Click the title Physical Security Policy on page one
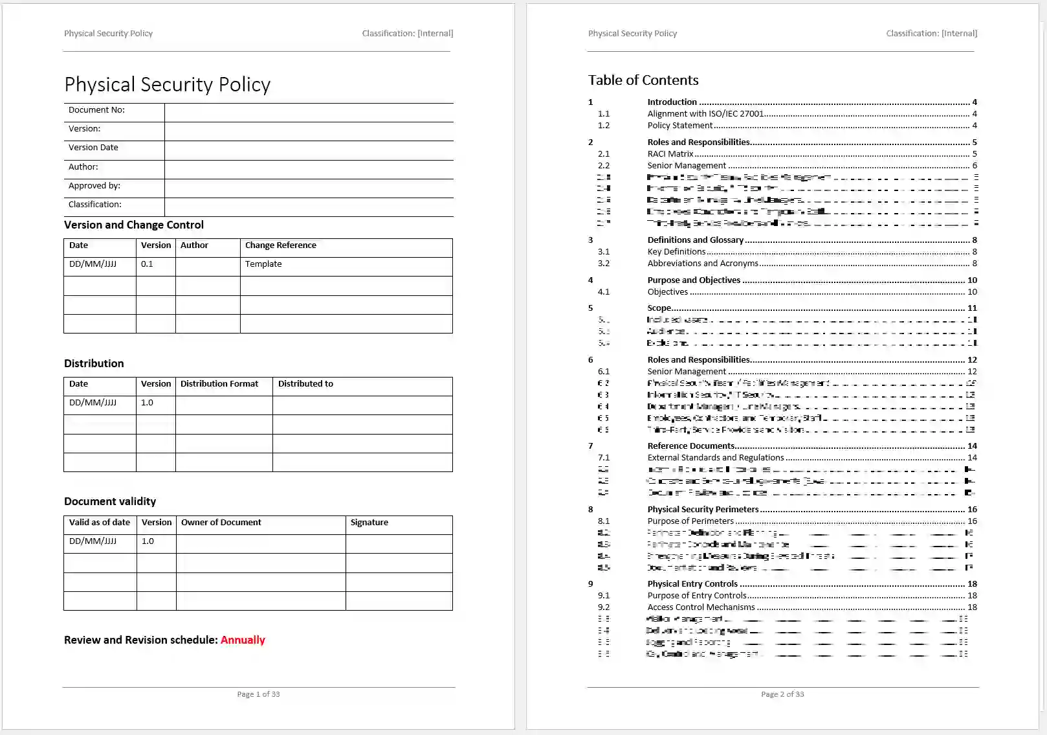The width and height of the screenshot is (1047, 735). tap(167, 85)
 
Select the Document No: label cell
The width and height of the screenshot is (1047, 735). tap(96, 110)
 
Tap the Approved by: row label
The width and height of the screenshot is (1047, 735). tap(94, 186)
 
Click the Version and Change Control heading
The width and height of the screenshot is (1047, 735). tap(133, 225)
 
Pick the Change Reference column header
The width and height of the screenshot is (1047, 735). tap(280, 245)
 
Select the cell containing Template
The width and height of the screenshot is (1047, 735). tap(263, 264)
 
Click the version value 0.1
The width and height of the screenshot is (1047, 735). tap(147, 264)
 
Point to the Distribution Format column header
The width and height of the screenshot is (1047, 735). tap(219, 384)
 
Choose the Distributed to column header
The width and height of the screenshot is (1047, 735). tap(305, 384)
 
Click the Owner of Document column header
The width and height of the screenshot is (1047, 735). tap(221, 523)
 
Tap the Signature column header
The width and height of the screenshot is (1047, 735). tap(369, 523)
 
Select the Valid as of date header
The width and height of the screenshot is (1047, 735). tap(100, 523)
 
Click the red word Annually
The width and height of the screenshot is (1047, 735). tap(243, 640)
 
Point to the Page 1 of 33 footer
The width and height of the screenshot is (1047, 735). tap(258, 694)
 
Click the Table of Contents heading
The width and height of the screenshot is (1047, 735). tap(643, 80)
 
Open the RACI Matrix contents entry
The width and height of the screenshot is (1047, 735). tap(670, 154)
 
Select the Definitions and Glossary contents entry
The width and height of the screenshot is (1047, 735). tap(695, 240)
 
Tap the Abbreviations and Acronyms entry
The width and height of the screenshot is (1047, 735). tap(702, 264)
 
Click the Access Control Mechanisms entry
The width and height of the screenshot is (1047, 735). tap(701, 607)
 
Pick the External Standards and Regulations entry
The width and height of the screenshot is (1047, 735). tap(715, 458)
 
